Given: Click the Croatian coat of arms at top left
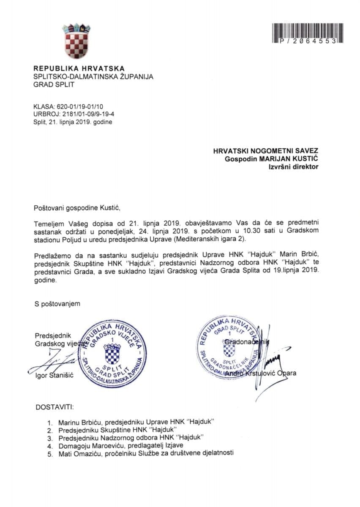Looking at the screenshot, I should point(76,41).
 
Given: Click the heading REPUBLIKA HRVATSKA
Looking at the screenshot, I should point(79,68).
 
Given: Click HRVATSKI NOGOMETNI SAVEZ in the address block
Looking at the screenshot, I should point(266,151).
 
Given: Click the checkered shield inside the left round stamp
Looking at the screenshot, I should point(113,354).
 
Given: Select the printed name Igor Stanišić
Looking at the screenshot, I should point(55,376).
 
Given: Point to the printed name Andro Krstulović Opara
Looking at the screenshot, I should point(260,373).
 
